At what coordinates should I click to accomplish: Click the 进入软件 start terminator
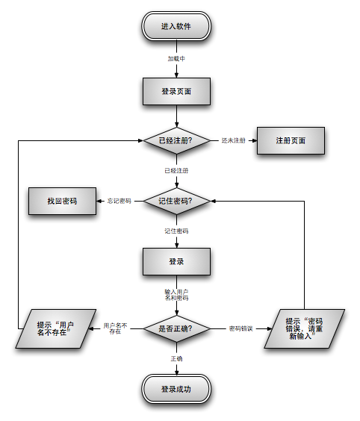pos(176,27)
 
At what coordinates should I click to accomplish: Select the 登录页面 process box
pos(176,91)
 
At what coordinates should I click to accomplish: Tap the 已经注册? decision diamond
pos(176,140)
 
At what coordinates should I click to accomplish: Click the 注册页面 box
pos(291,140)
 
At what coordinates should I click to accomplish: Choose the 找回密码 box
pos(62,202)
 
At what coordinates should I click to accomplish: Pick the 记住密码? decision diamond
pos(176,202)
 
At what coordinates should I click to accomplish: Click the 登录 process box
pos(176,262)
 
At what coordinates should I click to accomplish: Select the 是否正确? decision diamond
pos(176,328)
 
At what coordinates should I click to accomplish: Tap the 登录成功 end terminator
pos(176,389)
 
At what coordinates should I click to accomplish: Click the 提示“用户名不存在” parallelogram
pos(56,328)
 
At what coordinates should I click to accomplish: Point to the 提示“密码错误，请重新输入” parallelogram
pos(305,328)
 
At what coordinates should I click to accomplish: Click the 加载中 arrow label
pos(176,58)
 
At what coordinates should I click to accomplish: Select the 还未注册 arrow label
pos(233,140)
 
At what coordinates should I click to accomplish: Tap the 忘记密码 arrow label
pos(119,202)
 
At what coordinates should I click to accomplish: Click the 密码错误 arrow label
pos(240,328)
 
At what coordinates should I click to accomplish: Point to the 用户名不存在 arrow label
pos(115,328)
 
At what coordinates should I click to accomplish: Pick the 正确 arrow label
pos(176,359)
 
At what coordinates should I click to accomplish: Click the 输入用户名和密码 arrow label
pos(176,295)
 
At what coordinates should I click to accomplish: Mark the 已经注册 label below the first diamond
pos(176,171)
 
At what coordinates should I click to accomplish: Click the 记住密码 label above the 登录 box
pos(176,231)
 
